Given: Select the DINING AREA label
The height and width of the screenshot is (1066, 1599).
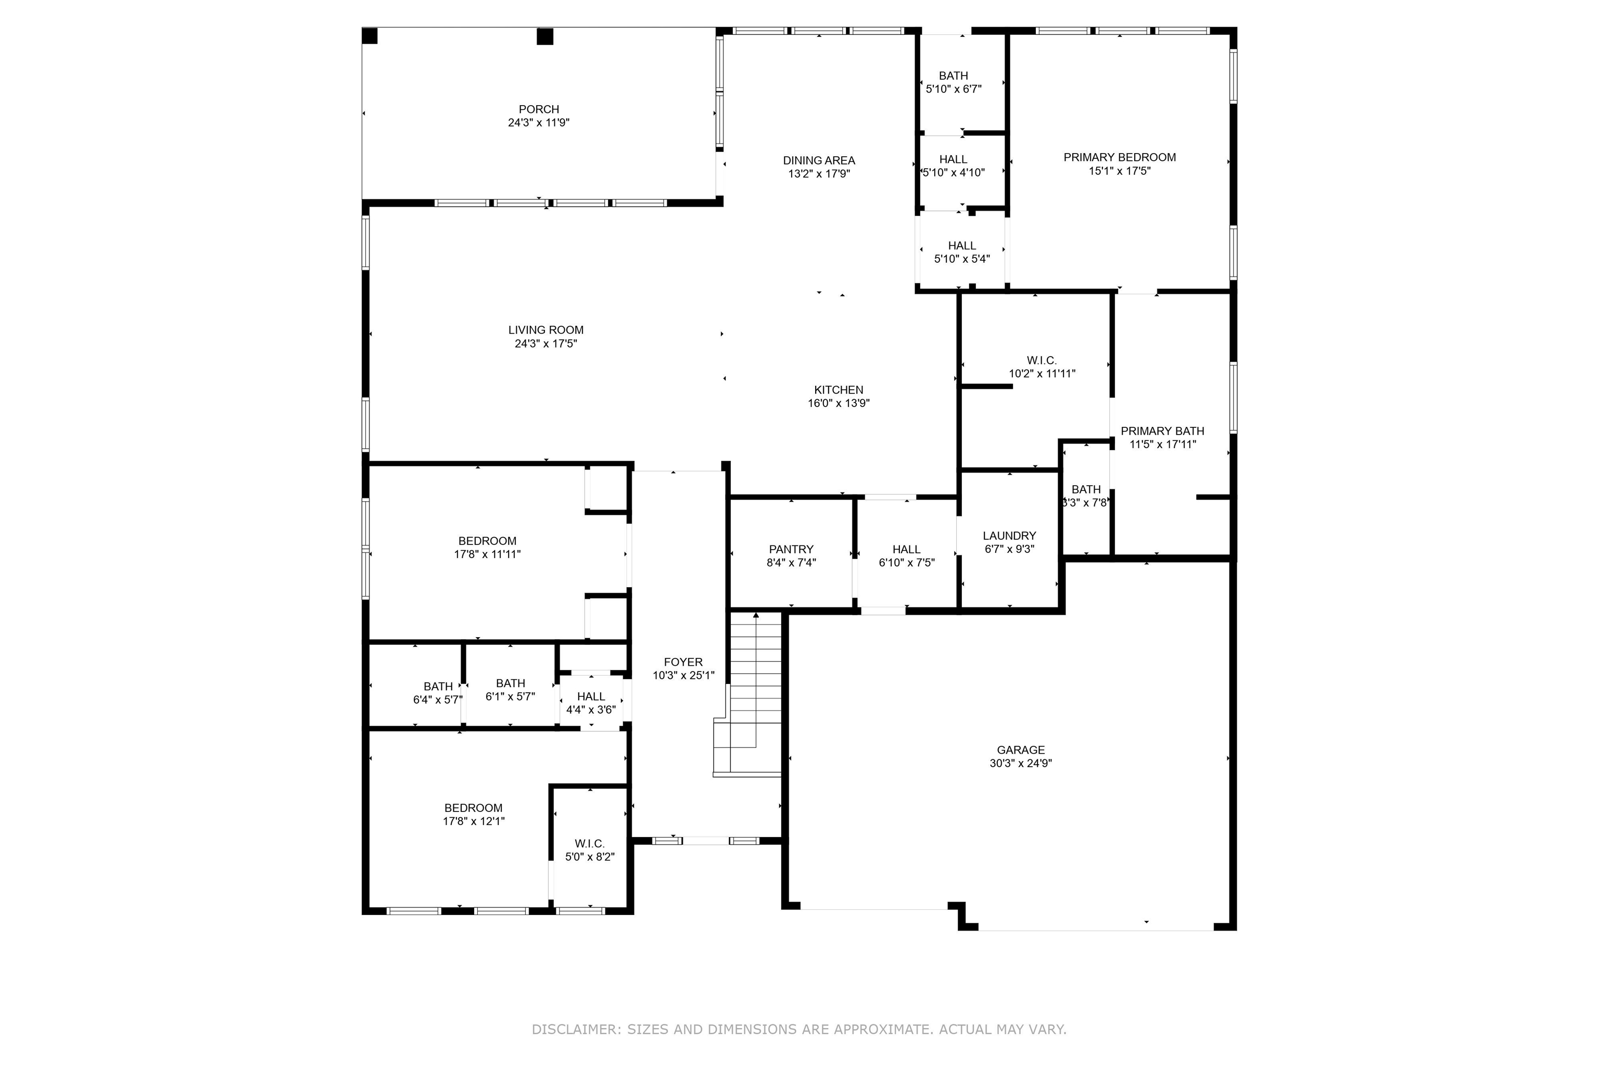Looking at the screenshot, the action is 819,160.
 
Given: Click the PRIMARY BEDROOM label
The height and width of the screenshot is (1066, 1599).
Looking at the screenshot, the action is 1120,158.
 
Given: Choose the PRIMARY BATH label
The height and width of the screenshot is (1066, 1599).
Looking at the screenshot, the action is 1162,431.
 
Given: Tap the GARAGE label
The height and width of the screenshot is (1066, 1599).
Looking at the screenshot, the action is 1020,750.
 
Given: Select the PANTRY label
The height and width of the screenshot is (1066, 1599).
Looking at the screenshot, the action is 791,549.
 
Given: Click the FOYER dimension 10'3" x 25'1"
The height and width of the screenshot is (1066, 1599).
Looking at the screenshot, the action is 683,676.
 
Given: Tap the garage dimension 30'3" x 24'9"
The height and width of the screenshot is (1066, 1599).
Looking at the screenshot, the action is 1020,764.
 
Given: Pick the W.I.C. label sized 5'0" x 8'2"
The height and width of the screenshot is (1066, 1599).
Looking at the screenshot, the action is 589,844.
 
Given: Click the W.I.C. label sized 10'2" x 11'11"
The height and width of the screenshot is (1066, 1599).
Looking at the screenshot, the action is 1042,360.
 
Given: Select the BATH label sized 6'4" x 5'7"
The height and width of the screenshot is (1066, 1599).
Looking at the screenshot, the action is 438,687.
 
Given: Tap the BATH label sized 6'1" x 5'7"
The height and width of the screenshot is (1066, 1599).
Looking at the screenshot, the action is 510,683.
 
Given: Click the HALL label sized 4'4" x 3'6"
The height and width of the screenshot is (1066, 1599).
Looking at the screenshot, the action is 591,697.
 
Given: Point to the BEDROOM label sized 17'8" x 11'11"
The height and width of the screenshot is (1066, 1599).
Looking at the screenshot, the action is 487,541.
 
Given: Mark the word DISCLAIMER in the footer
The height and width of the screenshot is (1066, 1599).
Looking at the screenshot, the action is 576,1029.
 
